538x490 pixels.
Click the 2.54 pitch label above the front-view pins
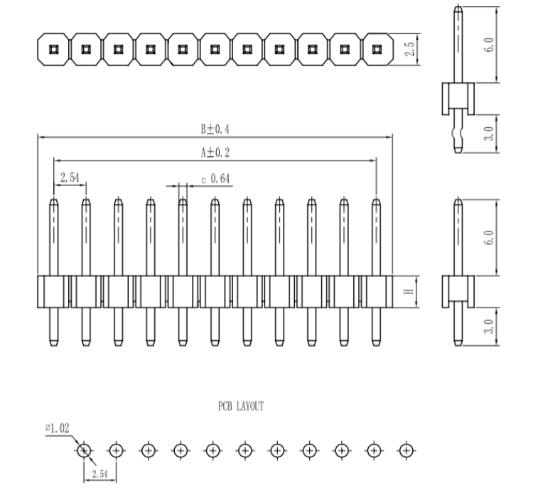point(70,178)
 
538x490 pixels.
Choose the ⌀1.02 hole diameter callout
point(57,428)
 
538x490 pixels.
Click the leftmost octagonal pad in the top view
point(53,50)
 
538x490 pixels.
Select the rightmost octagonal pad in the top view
point(377,50)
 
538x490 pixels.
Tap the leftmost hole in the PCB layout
point(84,450)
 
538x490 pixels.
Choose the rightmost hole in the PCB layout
point(405,450)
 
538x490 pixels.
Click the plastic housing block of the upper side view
point(458,98)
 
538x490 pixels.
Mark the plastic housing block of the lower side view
point(458,290)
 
